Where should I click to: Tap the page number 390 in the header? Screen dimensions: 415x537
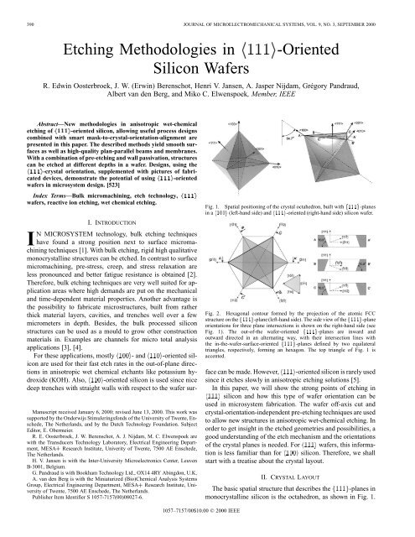click(16, 8)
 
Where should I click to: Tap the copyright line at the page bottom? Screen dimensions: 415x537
click(207, 531)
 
